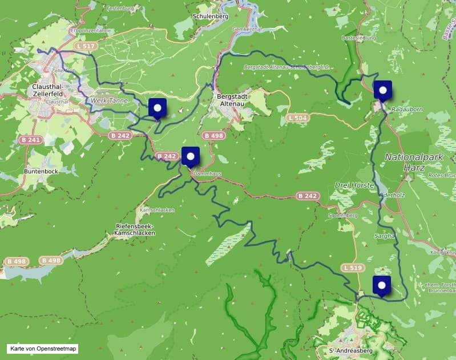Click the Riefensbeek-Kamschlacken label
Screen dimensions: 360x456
tap(135, 229)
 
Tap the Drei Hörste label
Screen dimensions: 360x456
tap(354, 185)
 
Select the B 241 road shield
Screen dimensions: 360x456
tap(31, 140)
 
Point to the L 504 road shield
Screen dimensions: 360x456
tap(298, 118)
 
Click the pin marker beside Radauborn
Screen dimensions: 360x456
tap(382, 91)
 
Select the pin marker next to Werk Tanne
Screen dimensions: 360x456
tap(157, 107)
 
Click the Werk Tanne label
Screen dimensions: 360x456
tap(110, 100)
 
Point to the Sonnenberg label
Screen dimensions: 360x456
tap(342, 216)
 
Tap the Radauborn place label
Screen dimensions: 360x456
tap(406, 112)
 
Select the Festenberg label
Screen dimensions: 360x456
tap(120, 9)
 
